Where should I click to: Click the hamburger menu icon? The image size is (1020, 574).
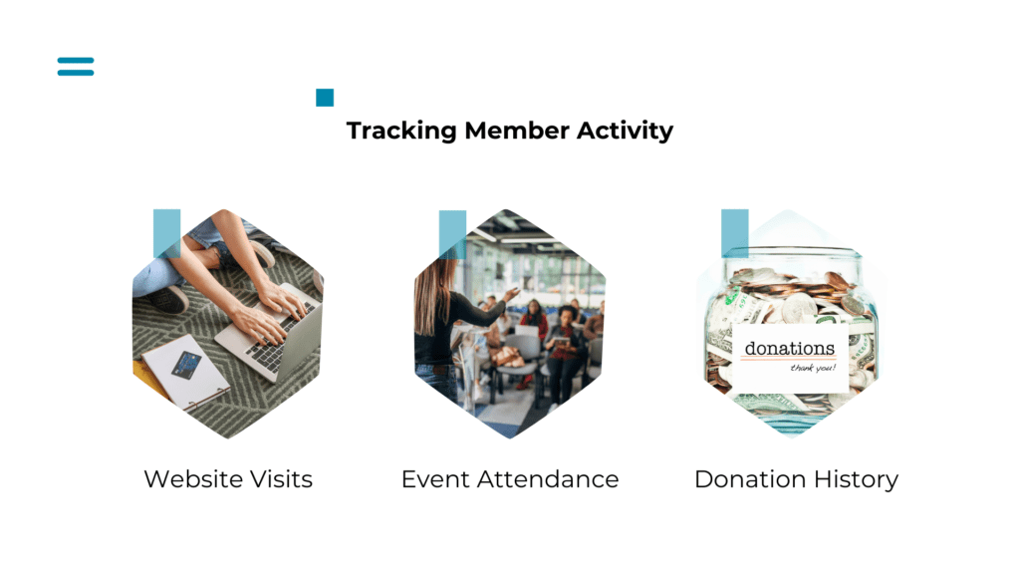pyautogui.click(x=76, y=67)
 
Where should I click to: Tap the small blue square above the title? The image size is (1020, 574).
pyautogui.click(x=325, y=98)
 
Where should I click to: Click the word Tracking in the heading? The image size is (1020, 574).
pyautogui.click(x=401, y=131)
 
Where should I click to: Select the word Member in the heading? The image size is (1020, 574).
pyautogui.click(x=517, y=131)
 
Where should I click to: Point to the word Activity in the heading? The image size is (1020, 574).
pyautogui.click(x=625, y=132)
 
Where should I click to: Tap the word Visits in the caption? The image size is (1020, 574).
pyautogui.click(x=281, y=479)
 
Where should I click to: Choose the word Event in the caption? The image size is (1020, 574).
pyautogui.click(x=435, y=479)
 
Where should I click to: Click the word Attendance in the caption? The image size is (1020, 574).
pyautogui.click(x=548, y=479)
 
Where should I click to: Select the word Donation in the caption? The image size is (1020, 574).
pyautogui.click(x=750, y=479)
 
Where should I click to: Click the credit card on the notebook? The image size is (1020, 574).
pyautogui.click(x=186, y=365)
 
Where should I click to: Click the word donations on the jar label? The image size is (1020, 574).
pyautogui.click(x=790, y=349)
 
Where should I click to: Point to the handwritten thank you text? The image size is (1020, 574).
pyautogui.click(x=813, y=369)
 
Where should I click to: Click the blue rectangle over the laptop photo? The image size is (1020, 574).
pyautogui.click(x=166, y=233)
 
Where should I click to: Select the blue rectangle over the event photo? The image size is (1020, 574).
pyautogui.click(x=453, y=234)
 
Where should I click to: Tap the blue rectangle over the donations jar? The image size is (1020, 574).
pyautogui.click(x=735, y=233)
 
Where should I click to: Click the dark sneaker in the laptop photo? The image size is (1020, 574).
pyautogui.click(x=166, y=299)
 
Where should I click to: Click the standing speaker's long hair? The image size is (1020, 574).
pyautogui.click(x=431, y=294)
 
